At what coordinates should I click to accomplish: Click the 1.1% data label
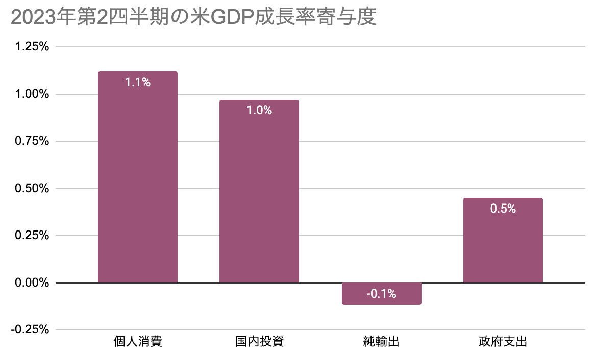tap(138, 82)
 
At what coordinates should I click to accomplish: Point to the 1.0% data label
tap(259, 110)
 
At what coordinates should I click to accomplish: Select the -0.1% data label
tap(381, 294)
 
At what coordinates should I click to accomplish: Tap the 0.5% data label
tap(503, 209)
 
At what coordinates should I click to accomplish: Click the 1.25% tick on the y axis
tap(32, 47)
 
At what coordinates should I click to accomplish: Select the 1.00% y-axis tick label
tap(32, 94)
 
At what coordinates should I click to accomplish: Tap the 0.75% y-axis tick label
tap(32, 141)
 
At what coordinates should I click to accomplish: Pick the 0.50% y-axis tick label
tap(32, 189)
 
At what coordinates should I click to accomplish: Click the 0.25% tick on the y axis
tap(32, 236)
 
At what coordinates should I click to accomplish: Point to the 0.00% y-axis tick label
tap(32, 282)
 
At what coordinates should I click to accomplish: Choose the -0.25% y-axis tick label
tap(30, 330)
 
